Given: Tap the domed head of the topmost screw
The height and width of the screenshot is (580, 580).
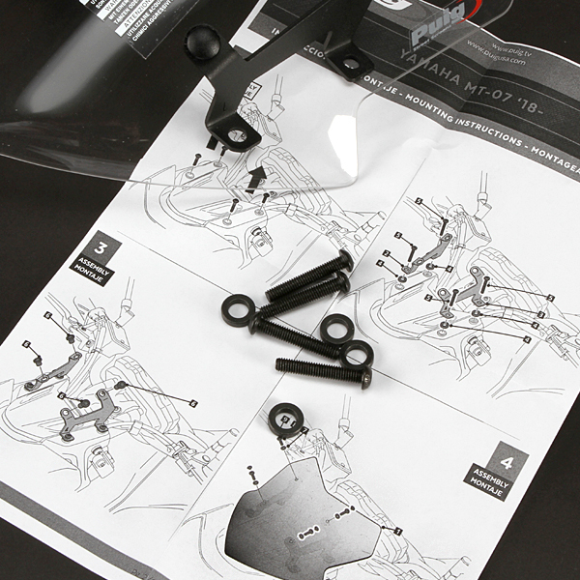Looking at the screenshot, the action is coord(343,261).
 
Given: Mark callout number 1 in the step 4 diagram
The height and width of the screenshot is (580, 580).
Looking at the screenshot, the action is coord(396,531).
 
